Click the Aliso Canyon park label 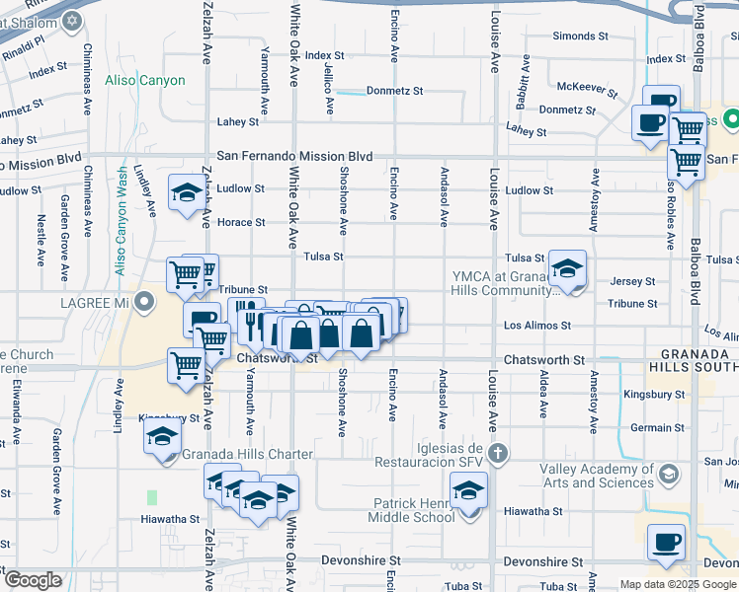point(147,80)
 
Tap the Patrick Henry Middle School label point(411,510)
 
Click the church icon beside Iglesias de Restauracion point(499,454)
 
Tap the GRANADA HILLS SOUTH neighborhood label point(693,359)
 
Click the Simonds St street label point(580,36)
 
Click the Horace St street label point(242,223)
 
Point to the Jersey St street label point(633,281)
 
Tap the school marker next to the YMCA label point(567,268)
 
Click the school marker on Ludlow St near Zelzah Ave point(186,193)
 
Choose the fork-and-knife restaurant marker point(246,317)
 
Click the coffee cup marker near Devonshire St point(666,543)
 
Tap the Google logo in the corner point(33,580)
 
